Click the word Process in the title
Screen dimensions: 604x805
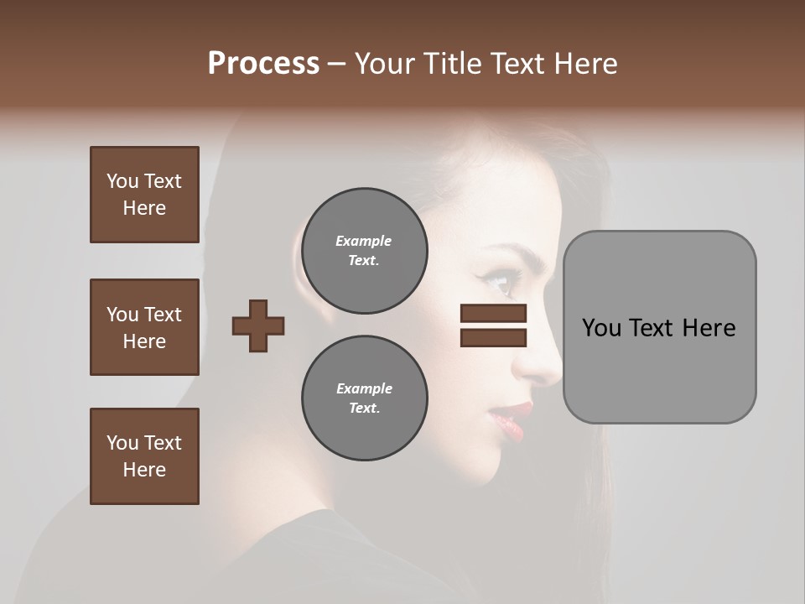coord(263,64)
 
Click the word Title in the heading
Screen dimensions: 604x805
coord(453,64)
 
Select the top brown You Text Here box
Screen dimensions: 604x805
coord(144,195)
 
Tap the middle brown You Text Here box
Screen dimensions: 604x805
coord(144,327)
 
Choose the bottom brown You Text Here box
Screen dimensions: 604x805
coord(144,456)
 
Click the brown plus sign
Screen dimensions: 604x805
coord(258,325)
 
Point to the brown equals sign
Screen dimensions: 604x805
coord(493,325)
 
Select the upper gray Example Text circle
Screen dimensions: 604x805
coord(364,250)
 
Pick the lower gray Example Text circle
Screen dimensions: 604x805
coord(364,398)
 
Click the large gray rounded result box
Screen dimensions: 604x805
coord(659,327)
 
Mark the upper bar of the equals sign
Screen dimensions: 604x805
coord(493,314)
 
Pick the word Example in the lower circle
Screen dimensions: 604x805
coord(364,388)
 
